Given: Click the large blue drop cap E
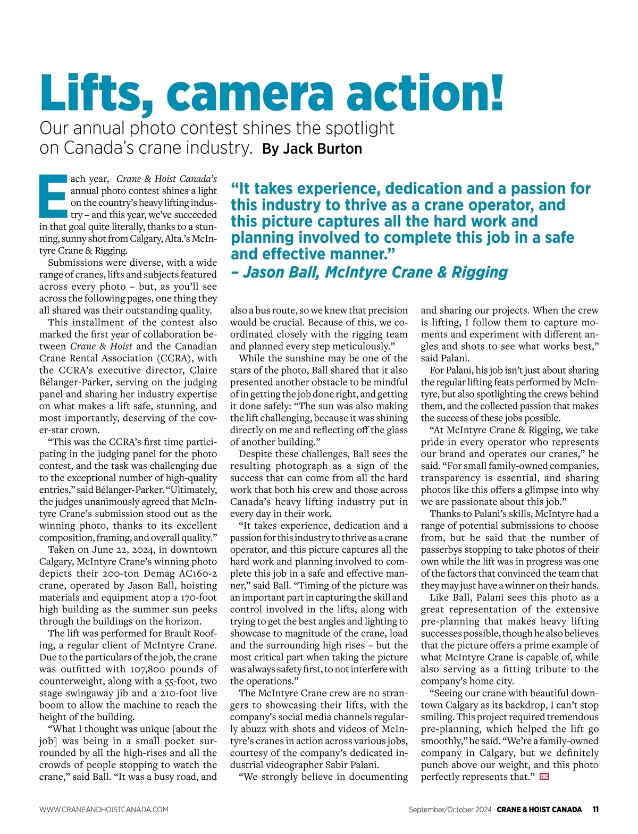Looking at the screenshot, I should coord(54,196).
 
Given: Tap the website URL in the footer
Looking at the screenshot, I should coord(104,810).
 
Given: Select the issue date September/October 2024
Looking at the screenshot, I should coord(450,810).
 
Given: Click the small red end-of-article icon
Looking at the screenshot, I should coord(543,777).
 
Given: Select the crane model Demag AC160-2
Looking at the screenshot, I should coord(175,574).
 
